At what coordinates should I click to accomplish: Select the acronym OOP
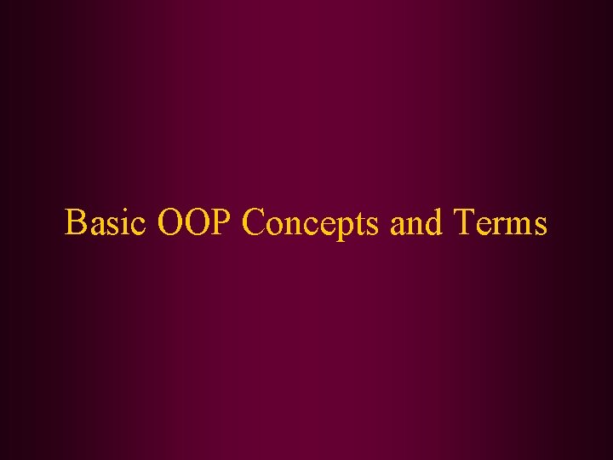[196, 223]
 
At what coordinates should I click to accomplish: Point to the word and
[417, 224]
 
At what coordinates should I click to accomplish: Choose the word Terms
[500, 223]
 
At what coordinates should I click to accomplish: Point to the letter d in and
[433, 223]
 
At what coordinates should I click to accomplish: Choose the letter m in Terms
[518, 227]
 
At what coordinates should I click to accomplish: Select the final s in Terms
[538, 227]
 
